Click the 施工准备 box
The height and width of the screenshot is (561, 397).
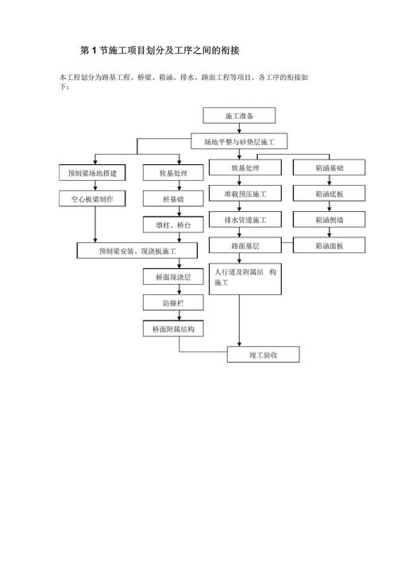tap(239, 116)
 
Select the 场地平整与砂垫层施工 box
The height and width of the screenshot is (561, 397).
tap(239, 142)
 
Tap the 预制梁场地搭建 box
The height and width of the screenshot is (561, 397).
tap(92, 173)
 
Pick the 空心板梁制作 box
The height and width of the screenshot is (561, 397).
tap(92, 199)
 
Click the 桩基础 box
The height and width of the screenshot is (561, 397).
tap(173, 199)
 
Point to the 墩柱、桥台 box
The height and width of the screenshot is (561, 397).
tap(173, 225)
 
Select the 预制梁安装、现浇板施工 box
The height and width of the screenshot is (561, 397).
tap(137, 251)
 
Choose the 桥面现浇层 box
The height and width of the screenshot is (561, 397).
tap(173, 277)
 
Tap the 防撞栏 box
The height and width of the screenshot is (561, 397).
tap(173, 302)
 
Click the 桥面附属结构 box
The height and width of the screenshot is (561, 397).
tap(173, 329)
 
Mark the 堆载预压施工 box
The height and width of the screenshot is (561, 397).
tap(245, 194)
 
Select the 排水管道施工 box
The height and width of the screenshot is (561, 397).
tap(245, 219)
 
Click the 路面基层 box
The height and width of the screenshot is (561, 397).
tap(245, 245)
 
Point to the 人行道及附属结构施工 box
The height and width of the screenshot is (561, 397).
tap(245, 279)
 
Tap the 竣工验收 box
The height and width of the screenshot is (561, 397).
tap(263, 355)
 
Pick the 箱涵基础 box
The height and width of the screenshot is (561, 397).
tap(329, 167)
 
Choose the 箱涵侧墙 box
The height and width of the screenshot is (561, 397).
tap(329, 219)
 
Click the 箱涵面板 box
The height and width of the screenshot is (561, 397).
tap(329, 245)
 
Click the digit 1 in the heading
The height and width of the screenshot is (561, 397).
tap(94, 51)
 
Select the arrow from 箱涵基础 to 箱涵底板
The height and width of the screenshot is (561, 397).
tap(330, 180)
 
